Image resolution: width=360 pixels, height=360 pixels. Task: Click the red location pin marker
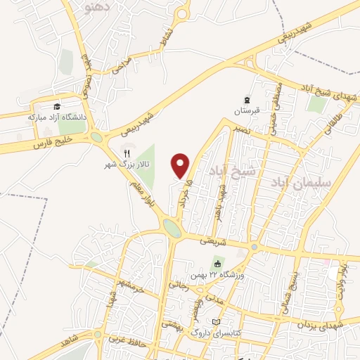pos(181,165)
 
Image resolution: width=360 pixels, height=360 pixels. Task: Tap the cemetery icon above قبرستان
pos(247,100)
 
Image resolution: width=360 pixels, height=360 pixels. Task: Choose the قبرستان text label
pos(246,111)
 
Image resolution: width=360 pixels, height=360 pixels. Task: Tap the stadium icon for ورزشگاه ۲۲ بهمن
pos(217,264)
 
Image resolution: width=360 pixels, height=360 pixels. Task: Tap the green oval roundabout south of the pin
pos(172,227)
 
